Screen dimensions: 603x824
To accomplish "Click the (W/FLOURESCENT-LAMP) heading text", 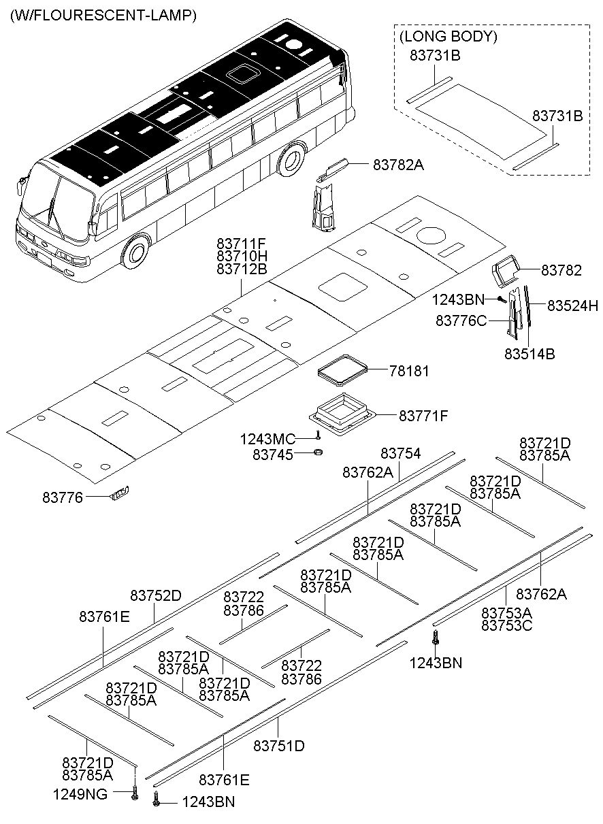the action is (x=103, y=16).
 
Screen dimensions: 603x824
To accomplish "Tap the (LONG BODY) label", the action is (x=448, y=37).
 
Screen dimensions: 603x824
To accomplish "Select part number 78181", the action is (x=410, y=371).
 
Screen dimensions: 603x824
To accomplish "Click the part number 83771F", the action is (x=423, y=416).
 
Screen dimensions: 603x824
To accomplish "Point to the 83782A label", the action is (x=398, y=165).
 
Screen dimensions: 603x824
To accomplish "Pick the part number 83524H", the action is (x=573, y=306).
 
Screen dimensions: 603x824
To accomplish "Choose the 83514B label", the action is (x=529, y=354).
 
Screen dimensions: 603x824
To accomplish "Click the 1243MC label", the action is (x=268, y=440).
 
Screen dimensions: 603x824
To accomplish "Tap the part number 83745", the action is (x=273, y=455).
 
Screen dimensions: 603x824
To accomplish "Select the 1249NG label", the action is (x=80, y=794).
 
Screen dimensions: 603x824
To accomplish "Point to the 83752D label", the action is (x=156, y=595).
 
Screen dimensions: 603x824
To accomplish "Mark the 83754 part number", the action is (x=401, y=453).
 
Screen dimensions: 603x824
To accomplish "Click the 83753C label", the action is (x=507, y=625).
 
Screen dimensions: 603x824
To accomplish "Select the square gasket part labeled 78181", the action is (x=342, y=371).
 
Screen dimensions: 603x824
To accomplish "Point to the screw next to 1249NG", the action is (x=134, y=795).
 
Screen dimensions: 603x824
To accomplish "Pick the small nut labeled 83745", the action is (x=319, y=452).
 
